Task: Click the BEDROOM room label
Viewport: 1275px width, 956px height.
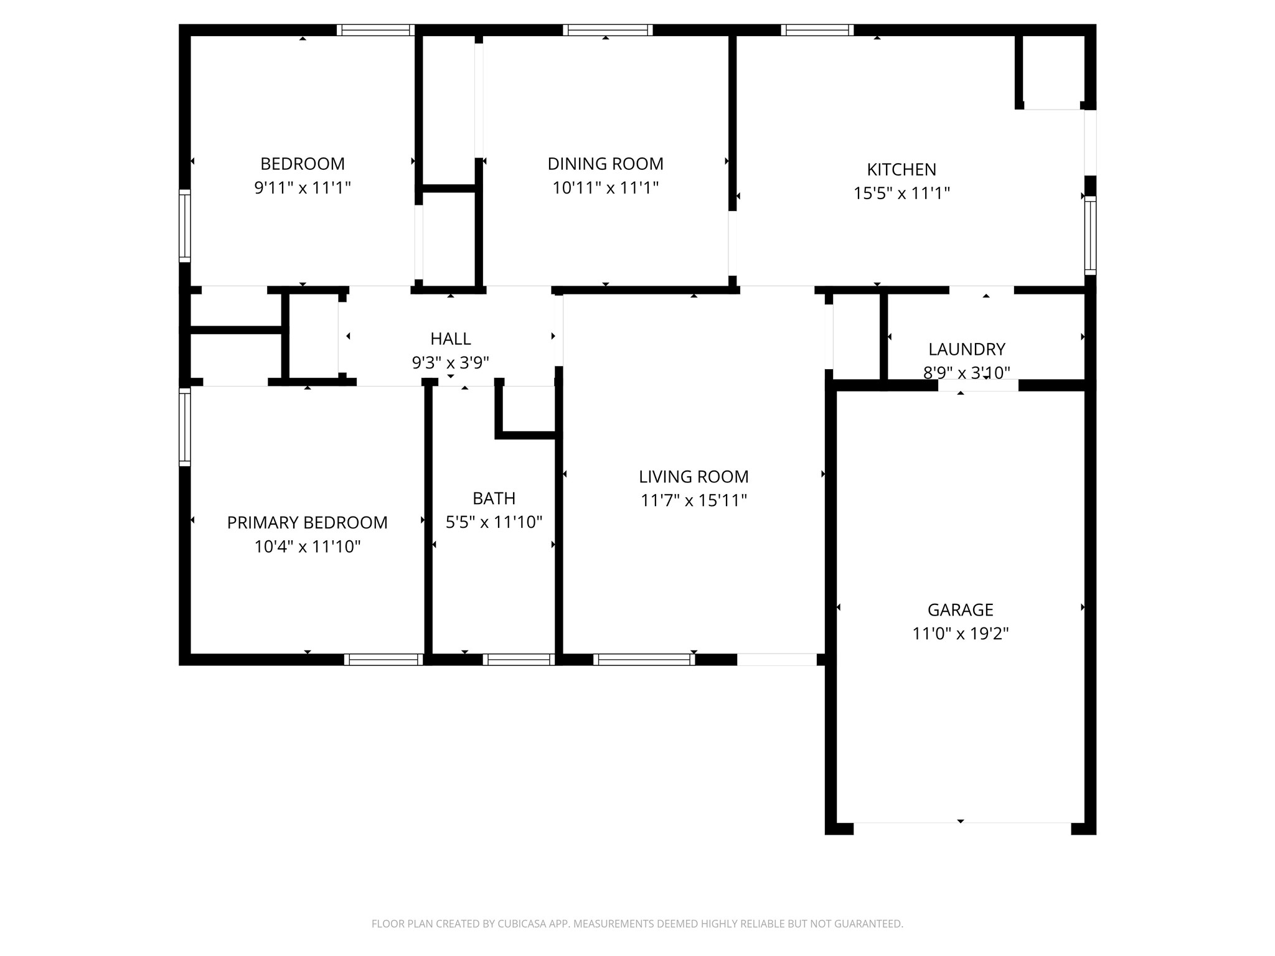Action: click(x=303, y=164)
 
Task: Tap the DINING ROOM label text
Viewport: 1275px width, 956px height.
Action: click(x=605, y=164)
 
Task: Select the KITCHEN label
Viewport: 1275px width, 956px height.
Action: click(x=901, y=169)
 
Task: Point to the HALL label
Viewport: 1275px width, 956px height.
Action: click(x=451, y=339)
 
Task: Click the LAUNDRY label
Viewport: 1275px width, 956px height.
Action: click(x=967, y=349)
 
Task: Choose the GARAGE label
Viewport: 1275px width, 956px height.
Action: click(x=961, y=610)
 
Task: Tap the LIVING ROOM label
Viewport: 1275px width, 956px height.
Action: click(x=694, y=477)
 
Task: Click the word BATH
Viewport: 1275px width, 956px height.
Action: click(x=494, y=499)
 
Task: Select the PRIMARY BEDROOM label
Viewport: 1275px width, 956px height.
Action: click(x=308, y=523)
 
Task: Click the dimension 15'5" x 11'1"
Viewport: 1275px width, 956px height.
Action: click(x=901, y=193)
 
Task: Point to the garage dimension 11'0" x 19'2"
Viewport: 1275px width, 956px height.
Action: click(x=961, y=634)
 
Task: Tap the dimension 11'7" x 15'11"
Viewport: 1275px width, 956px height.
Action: click(x=694, y=500)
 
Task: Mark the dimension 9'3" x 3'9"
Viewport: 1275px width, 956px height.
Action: click(x=451, y=362)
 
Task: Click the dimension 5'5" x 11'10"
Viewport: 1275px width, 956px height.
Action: click(x=494, y=522)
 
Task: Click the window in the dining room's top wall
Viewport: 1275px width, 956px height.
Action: click(x=608, y=30)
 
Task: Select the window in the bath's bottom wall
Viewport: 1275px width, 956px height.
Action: click(x=519, y=660)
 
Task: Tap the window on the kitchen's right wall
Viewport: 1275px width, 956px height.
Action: click(x=1090, y=235)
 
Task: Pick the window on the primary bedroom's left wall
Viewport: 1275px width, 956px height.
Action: click(x=185, y=427)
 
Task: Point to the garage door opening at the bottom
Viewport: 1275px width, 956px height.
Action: click(x=962, y=828)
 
